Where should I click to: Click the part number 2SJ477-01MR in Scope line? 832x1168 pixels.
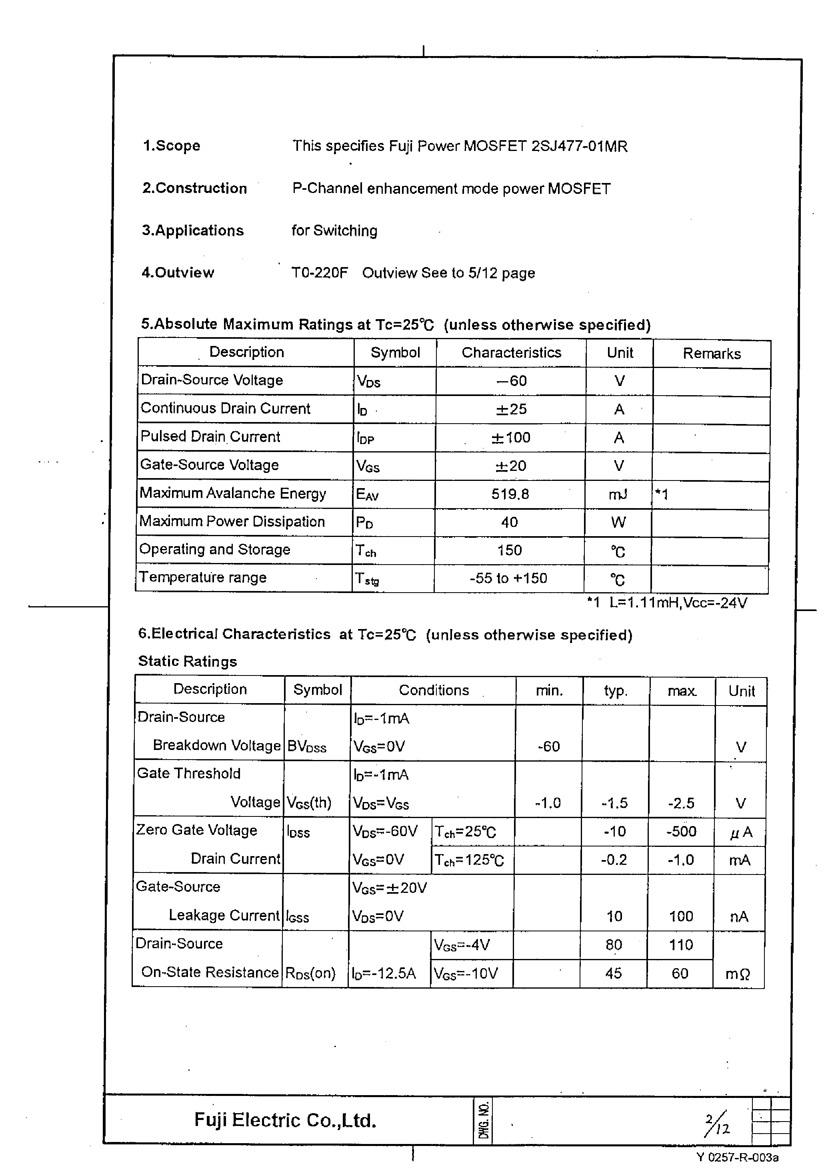click(579, 146)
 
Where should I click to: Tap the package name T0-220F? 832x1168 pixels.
click(319, 272)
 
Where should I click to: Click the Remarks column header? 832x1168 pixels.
click(711, 353)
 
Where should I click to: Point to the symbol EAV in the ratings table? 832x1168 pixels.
click(367, 494)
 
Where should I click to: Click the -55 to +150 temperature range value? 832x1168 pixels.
click(508, 578)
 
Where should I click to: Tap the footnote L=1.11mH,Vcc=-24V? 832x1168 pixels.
click(678, 603)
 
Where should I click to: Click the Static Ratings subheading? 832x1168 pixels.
click(188, 661)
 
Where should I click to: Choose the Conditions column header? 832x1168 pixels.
click(434, 690)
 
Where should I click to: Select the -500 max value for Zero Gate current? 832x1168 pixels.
click(681, 831)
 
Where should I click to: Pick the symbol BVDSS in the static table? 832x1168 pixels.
click(306, 746)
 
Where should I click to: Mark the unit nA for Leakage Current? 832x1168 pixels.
click(738, 916)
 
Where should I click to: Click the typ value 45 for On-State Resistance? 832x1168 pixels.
click(613, 973)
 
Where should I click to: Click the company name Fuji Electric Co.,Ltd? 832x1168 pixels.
click(285, 1120)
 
